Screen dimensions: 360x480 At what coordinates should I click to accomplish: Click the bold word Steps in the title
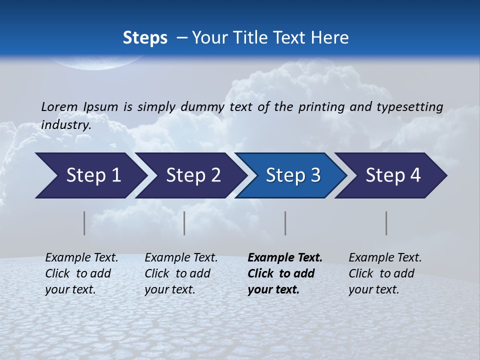(145, 38)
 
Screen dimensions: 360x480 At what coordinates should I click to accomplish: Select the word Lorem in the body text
(59, 106)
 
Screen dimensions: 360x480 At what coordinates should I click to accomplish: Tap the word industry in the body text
(65, 124)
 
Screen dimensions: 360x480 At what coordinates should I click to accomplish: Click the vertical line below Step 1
(84, 223)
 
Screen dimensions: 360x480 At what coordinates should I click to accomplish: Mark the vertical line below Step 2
(184, 223)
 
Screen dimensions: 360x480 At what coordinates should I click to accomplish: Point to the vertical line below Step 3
(285, 223)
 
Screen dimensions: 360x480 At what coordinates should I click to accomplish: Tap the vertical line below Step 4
(386, 223)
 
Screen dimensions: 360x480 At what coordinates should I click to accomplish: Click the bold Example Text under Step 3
(285, 258)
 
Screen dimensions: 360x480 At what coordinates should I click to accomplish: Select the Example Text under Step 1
(81, 258)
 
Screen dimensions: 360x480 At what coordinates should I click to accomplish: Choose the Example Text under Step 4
(385, 258)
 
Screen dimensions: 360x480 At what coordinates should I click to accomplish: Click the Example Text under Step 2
(181, 258)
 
